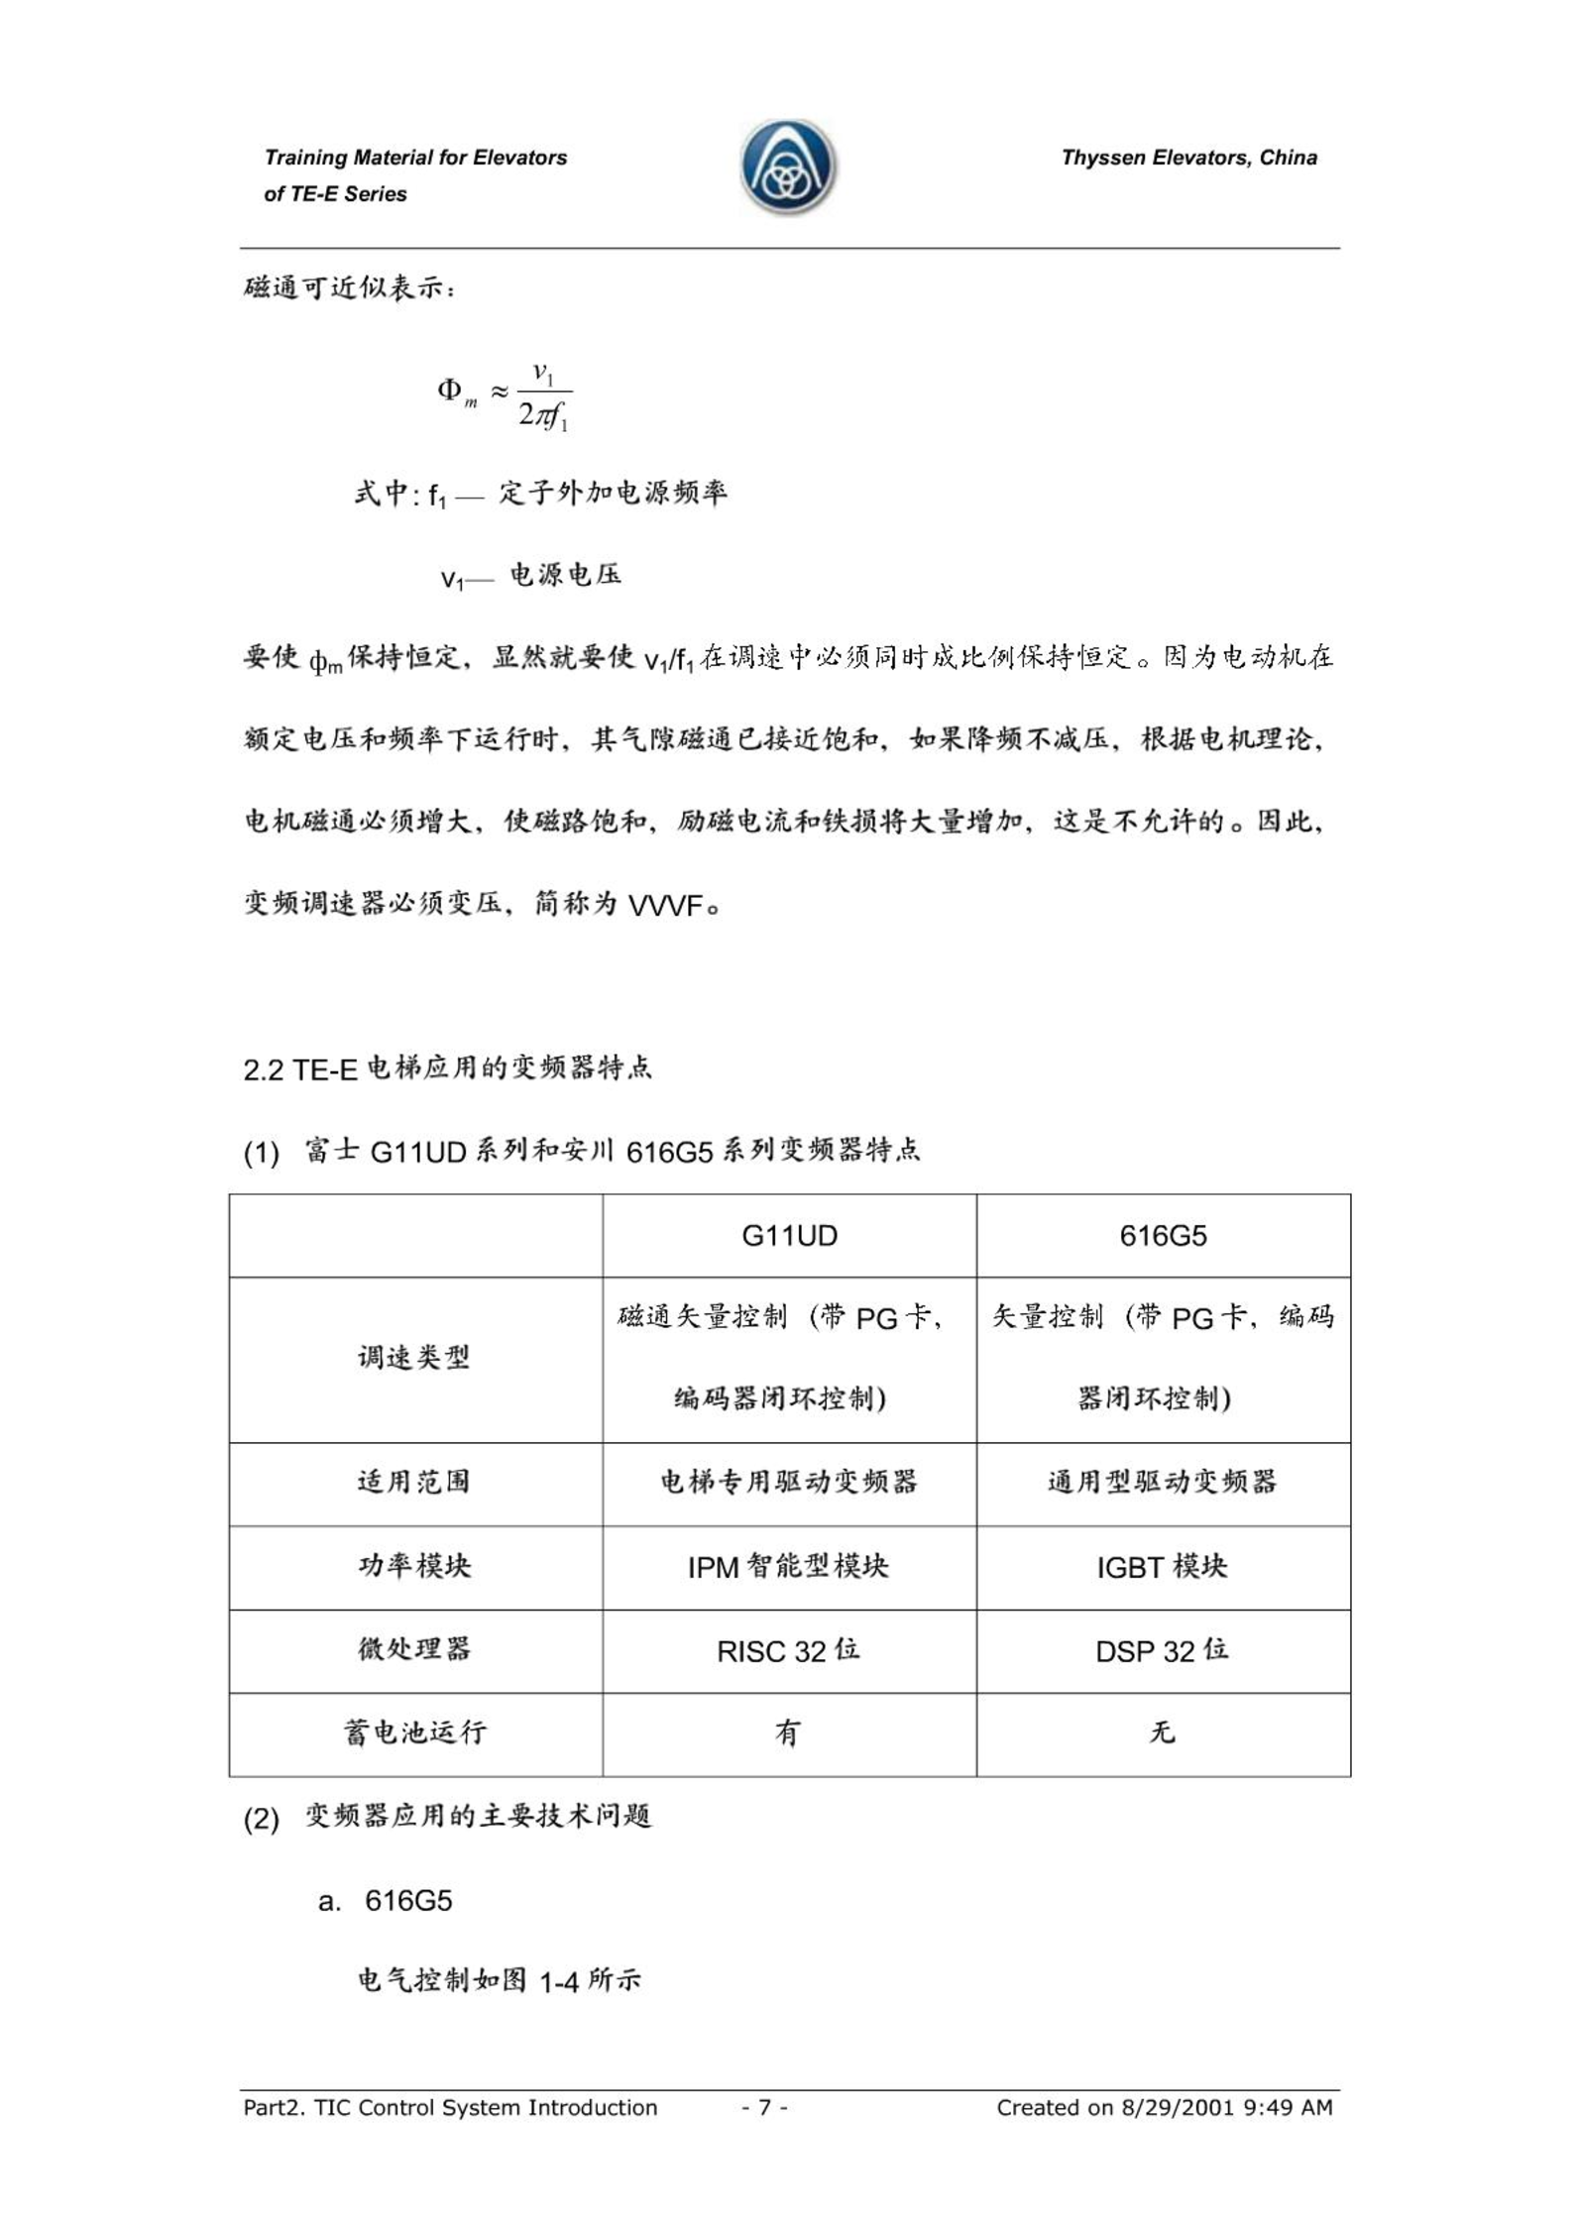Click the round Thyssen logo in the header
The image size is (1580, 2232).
pyautogui.click(x=788, y=167)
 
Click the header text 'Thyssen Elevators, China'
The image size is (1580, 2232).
pyautogui.click(x=1188, y=158)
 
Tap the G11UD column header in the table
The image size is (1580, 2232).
pyautogui.click(x=789, y=1235)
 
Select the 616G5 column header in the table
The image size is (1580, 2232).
pyautogui.click(x=1163, y=1235)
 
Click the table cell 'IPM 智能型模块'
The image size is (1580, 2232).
pyautogui.click(x=788, y=1567)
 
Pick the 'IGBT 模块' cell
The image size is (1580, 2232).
pyautogui.click(x=1162, y=1567)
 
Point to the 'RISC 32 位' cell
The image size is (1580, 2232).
pyautogui.click(x=788, y=1650)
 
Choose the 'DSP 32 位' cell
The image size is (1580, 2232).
pyautogui.click(x=1162, y=1650)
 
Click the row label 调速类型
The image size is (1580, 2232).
pyautogui.click(x=414, y=1358)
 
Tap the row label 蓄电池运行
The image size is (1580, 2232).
pyautogui.click(x=414, y=1732)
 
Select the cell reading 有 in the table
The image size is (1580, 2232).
pyautogui.click(x=788, y=1732)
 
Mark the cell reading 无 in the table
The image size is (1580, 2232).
pyautogui.click(x=1162, y=1732)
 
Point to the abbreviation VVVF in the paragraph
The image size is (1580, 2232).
pyautogui.click(x=666, y=905)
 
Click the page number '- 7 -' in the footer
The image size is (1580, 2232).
pyautogui.click(x=764, y=2107)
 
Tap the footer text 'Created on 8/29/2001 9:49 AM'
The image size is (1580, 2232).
pyautogui.click(x=1164, y=2107)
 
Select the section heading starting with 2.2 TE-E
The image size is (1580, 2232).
pyautogui.click(x=447, y=1068)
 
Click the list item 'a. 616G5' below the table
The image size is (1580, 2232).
pyautogui.click(x=386, y=1900)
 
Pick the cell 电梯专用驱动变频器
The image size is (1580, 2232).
pyautogui.click(x=788, y=1482)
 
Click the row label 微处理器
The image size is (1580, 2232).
pyautogui.click(x=414, y=1649)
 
